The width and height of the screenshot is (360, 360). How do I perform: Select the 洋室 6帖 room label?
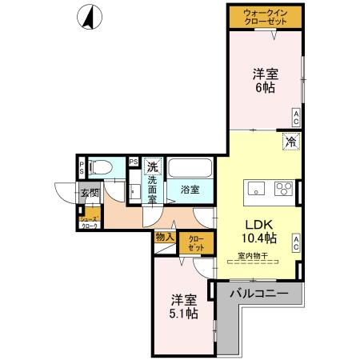(265, 81)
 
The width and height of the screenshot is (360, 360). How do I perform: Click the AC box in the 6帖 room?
(295, 118)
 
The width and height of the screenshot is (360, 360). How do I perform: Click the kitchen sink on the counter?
(257, 189)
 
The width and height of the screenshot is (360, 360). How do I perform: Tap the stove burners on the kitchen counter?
(284, 189)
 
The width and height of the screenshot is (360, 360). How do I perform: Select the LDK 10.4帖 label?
(260, 230)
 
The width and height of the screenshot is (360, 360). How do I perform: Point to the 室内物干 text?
(253, 256)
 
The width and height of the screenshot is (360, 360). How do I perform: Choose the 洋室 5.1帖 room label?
(183, 308)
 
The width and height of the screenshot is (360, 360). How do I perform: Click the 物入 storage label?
(165, 237)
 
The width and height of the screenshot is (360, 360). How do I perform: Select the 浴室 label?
(190, 190)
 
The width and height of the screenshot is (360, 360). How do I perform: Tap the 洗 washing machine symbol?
(152, 167)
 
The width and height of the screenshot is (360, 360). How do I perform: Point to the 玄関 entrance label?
(89, 193)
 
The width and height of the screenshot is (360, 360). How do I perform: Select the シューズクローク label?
(88, 222)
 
